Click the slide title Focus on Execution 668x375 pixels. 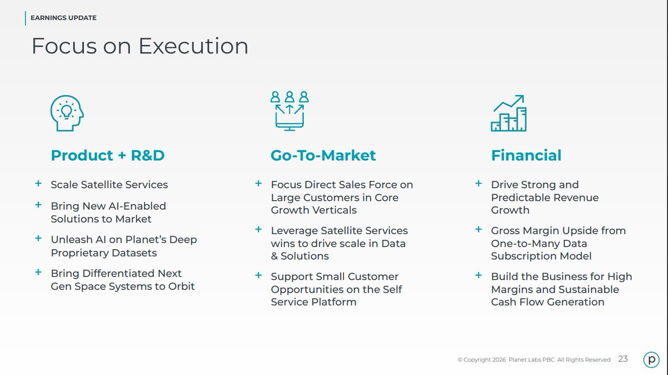pyautogui.click(x=140, y=46)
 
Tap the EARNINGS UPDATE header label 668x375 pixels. pyautogui.click(x=63, y=18)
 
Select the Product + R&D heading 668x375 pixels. pyautogui.click(x=107, y=155)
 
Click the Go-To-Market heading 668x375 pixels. pyautogui.click(x=323, y=155)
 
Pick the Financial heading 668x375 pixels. pyautogui.click(x=525, y=155)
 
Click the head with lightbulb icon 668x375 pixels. pyautogui.click(x=67, y=113)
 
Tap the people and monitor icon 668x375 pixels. pyautogui.click(x=289, y=111)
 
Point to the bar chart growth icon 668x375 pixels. pyautogui.click(x=508, y=113)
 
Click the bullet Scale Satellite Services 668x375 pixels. pyautogui.click(x=109, y=185)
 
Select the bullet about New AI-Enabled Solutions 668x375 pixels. pyautogui.click(x=108, y=213)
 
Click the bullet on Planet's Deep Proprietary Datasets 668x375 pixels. pyautogui.click(x=124, y=246)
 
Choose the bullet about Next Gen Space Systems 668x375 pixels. pyautogui.click(x=122, y=280)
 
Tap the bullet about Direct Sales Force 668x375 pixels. pyautogui.click(x=342, y=198)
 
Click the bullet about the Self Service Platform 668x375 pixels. pyautogui.click(x=336, y=289)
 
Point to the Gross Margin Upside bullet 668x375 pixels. pyautogui.click(x=558, y=243)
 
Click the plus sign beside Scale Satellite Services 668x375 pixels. pyautogui.click(x=38, y=183)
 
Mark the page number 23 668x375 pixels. pyautogui.click(x=622, y=359)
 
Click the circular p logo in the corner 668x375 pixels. pyautogui.click(x=651, y=360)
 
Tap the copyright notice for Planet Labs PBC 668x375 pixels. pyautogui.click(x=534, y=360)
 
